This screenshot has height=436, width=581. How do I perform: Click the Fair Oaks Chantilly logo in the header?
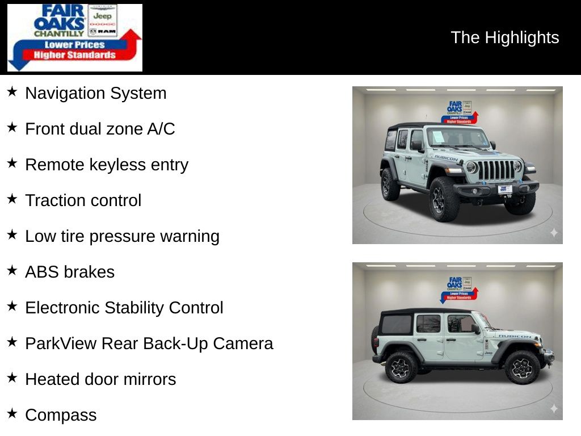coord(74,37)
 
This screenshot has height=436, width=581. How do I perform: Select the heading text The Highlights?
coord(504,37)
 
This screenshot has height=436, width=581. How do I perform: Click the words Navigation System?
coord(95,93)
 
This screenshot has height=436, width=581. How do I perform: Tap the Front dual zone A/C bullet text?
coord(100,129)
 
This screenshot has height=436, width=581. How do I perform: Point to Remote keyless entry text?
coord(107,165)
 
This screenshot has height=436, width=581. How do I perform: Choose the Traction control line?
coord(83,200)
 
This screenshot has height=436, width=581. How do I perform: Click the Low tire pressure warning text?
coord(122,236)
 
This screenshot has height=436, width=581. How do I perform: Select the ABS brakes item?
coord(70,272)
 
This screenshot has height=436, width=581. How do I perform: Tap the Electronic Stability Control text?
coord(124,308)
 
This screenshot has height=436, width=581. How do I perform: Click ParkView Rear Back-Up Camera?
coord(149,343)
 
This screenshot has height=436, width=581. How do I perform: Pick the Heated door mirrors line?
coord(100,379)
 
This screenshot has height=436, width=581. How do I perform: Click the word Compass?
coord(61,415)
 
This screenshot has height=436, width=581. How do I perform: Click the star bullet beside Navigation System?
coord(12,92)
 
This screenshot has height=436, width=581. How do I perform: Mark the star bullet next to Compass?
coord(12,414)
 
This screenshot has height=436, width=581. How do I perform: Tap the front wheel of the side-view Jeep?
coord(521,367)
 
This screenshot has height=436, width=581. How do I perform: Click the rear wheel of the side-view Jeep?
coord(402,367)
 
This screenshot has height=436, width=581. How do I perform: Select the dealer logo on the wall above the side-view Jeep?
coord(459,288)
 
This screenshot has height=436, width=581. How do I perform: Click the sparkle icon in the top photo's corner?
coord(554,233)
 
